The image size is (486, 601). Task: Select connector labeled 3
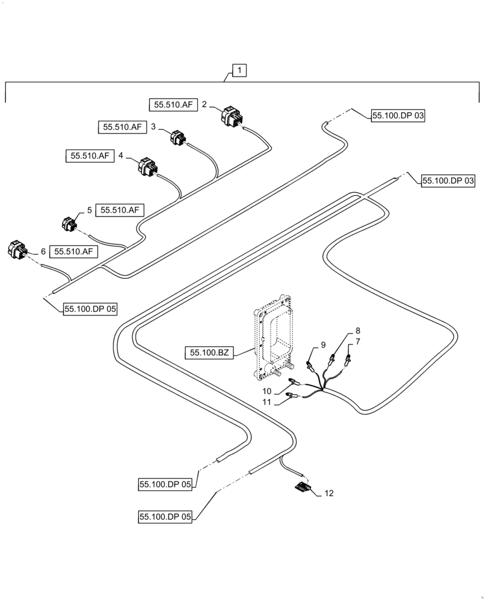[178, 138]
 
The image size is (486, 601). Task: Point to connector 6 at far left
[17, 249]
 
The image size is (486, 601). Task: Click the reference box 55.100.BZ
[209, 353]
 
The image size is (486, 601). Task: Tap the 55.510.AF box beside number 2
[173, 105]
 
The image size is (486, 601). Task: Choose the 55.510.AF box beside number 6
[73, 252]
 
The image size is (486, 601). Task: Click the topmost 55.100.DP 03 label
[398, 117]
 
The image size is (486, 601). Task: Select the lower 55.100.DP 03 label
[448, 180]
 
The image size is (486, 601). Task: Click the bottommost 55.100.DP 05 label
[165, 516]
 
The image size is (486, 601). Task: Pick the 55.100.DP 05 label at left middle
[90, 309]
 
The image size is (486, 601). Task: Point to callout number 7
[357, 341]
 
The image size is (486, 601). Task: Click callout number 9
[323, 345]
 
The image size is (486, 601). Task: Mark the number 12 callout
[328, 493]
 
